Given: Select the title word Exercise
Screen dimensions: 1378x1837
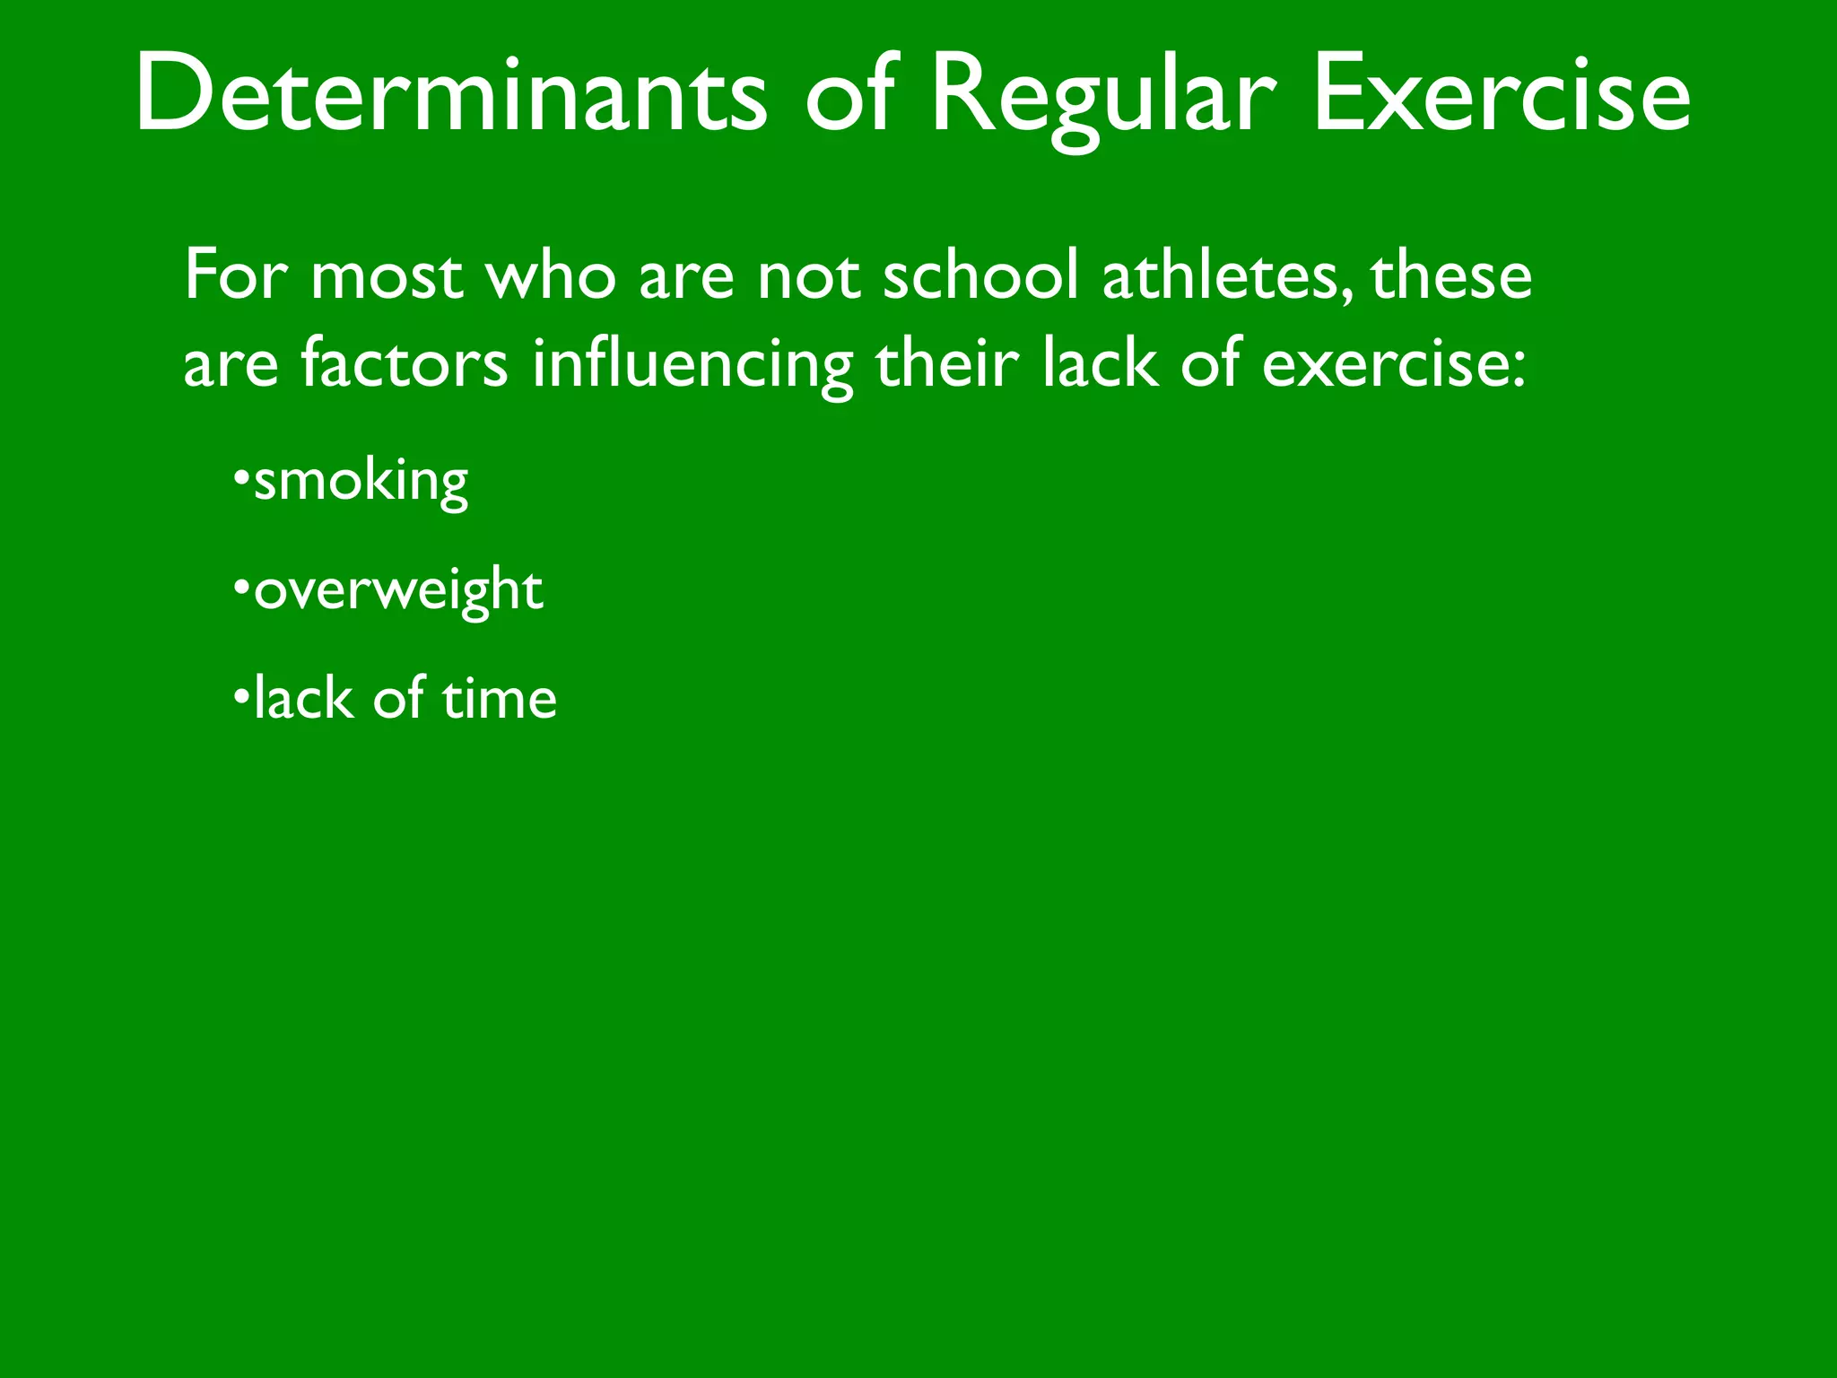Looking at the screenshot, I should coord(1501,94).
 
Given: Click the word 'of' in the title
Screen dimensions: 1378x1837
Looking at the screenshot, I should coord(849,94).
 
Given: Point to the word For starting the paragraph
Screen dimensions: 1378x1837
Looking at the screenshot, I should coord(235,275).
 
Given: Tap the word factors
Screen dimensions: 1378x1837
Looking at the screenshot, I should coord(404,364).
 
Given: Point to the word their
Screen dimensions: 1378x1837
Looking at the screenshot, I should coord(947,364).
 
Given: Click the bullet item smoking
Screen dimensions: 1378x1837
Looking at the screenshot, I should coord(361,483).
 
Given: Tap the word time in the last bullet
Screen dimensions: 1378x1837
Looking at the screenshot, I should coord(499,700).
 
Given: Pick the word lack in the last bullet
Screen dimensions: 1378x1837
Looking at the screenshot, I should coord(303,699).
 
